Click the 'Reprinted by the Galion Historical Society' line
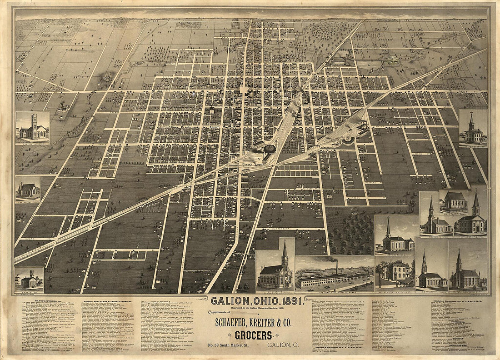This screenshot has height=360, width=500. (250, 308)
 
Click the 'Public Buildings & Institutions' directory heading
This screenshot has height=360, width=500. (105, 301)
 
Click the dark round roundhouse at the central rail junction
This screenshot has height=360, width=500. (270, 149)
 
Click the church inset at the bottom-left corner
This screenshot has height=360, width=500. (29, 280)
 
